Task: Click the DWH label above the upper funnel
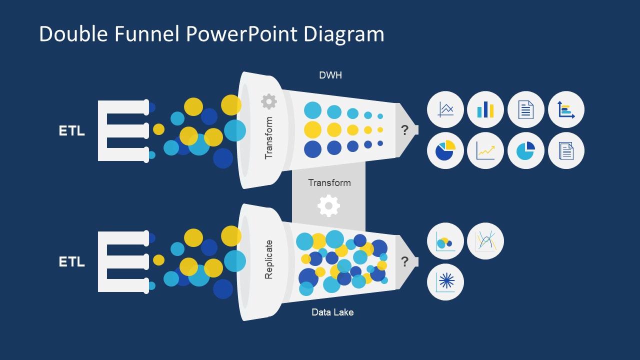(x=330, y=75)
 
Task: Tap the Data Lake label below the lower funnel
(x=332, y=312)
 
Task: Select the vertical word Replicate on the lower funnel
(x=269, y=259)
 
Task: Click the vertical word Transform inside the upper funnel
(x=269, y=138)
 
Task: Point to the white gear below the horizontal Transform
(x=328, y=205)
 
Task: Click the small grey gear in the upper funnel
(x=269, y=101)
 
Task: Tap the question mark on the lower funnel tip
(x=404, y=261)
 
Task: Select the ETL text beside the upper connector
(x=71, y=131)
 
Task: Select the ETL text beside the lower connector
(x=71, y=262)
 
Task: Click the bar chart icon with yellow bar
(x=485, y=109)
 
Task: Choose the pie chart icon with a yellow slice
(x=445, y=150)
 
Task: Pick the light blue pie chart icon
(x=526, y=150)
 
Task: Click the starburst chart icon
(x=445, y=282)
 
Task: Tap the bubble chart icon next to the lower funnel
(x=445, y=241)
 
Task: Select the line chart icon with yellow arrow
(x=485, y=150)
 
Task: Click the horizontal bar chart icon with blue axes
(x=566, y=109)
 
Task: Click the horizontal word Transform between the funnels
(x=329, y=182)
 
